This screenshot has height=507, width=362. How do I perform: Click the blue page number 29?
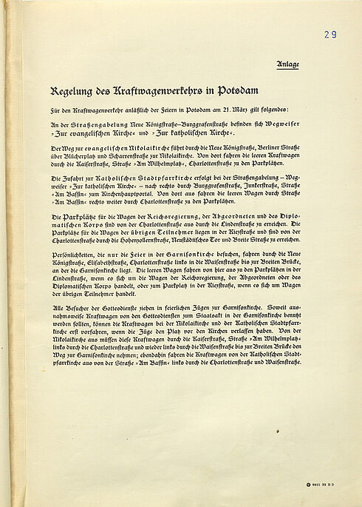[x=329, y=34]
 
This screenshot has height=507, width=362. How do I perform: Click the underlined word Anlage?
[x=288, y=64]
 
